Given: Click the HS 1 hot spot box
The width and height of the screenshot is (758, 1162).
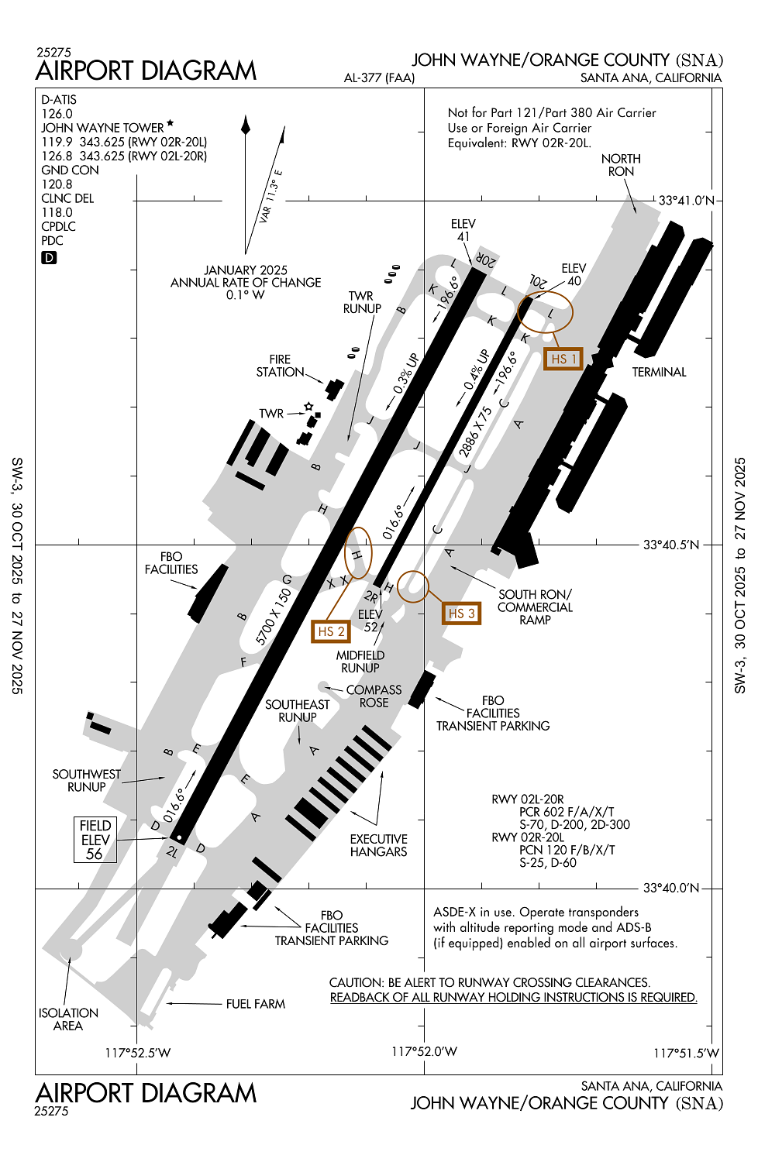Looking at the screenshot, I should coord(563,359).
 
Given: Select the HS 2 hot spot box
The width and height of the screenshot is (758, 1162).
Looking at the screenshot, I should coord(330,631).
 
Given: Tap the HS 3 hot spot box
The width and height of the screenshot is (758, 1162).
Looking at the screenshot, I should coord(460,614).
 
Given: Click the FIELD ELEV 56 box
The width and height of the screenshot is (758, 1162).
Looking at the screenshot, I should coord(95,840).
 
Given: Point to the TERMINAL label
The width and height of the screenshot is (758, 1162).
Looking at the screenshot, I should coord(659,373).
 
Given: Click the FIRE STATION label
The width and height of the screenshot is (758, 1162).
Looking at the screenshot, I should coord(280,366).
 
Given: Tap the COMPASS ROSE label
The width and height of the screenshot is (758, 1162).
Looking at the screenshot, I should coord(374,696).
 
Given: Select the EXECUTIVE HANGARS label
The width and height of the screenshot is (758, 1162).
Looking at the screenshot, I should coord(378,845).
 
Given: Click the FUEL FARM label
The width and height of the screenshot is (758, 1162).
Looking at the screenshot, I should coord(255,1004).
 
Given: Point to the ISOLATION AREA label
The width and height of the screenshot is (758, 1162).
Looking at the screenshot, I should coord(68,1019).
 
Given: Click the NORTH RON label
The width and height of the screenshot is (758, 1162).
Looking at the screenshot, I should coord(621,165).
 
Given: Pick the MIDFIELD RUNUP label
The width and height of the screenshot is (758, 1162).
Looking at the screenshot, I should coord(360,662).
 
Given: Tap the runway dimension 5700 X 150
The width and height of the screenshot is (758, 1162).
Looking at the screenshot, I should coord(274,617).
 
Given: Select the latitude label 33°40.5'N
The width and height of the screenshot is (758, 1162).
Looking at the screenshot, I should coord(670,545).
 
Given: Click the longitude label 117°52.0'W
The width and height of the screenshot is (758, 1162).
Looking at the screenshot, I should coord(424,1052).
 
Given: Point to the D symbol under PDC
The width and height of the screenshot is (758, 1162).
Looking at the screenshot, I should coord(49,258).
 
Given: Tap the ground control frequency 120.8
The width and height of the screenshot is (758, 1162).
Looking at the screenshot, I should coord(57,184).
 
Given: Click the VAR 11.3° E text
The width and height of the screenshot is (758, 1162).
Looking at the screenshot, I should coord(270,198).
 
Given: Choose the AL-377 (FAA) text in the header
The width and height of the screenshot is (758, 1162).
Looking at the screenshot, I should coord(379,77).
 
